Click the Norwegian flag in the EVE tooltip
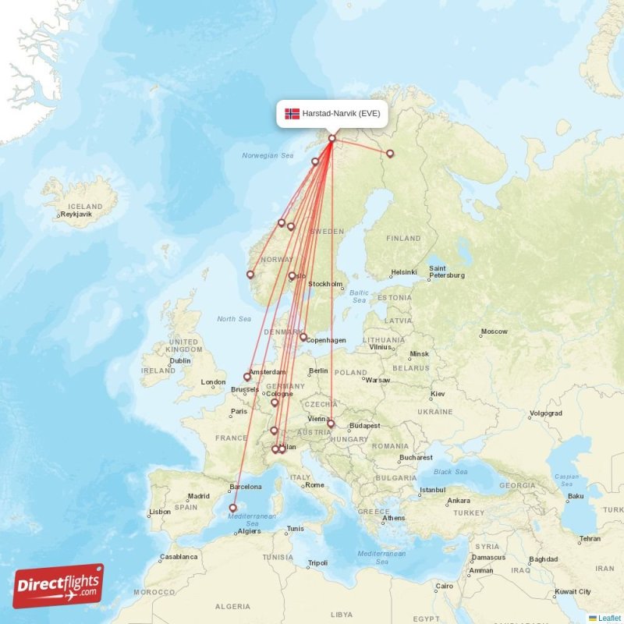click(x=292, y=114)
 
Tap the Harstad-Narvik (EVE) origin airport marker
click(x=331, y=140)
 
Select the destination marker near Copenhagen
click(x=303, y=337)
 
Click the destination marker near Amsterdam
click(x=247, y=377)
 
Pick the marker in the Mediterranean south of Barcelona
click(x=232, y=508)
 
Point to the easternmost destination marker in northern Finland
click(x=390, y=154)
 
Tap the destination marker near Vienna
click(x=331, y=424)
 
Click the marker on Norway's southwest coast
click(x=250, y=275)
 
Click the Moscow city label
click(x=494, y=331)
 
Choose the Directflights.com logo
click(x=58, y=585)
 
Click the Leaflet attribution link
click(x=608, y=618)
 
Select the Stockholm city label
click(x=325, y=284)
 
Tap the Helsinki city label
click(x=404, y=272)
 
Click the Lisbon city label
click(x=160, y=512)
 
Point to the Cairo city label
click(x=444, y=586)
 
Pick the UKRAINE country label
click(x=434, y=412)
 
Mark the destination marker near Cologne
click(x=275, y=402)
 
